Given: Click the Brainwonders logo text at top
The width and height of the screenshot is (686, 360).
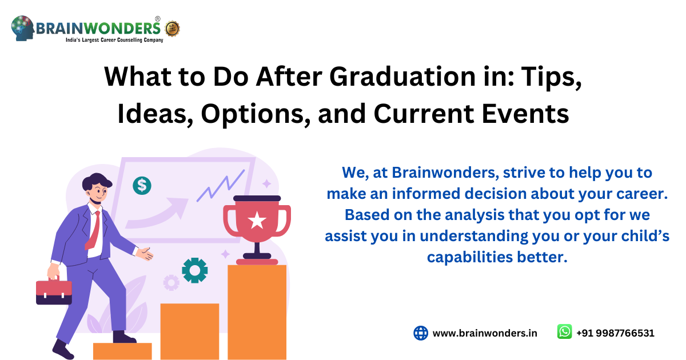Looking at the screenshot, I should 98,27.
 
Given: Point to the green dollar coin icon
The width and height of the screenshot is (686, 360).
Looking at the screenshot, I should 142,185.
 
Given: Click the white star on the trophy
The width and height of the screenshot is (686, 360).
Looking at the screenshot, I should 257,219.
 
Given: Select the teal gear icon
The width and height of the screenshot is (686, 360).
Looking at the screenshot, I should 194,270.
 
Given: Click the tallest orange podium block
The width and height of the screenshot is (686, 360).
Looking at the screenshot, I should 257,311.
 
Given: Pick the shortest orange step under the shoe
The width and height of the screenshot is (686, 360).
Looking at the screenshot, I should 122,351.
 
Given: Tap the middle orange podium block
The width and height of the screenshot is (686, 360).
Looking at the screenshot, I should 189,331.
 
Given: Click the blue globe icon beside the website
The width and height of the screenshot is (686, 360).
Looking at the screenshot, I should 421,333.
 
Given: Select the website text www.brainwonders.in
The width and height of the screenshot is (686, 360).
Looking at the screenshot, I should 485,333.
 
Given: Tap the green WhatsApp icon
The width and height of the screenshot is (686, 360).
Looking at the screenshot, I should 564,332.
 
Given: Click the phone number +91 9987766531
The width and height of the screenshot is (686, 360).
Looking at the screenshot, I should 615,333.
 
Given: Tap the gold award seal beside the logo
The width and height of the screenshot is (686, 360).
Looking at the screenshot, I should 172,27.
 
